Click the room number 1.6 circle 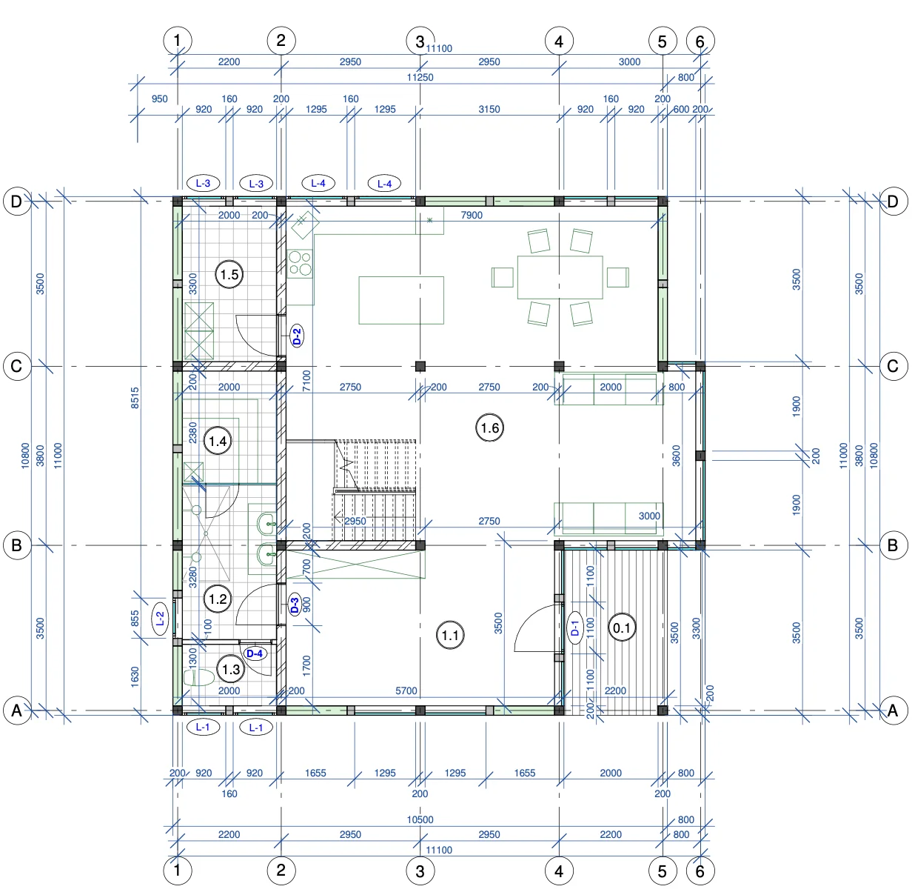[490, 427]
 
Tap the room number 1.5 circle [229, 274]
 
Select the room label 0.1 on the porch [622, 628]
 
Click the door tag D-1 [574, 628]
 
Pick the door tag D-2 [297, 336]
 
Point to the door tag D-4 [255, 653]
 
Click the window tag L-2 [160, 619]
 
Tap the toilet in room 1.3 [198, 677]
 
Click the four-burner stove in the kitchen [300, 263]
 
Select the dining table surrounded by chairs [560, 277]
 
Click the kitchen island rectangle [401, 300]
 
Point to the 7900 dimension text [472, 216]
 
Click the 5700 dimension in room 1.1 [406, 690]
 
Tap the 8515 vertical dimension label [135, 398]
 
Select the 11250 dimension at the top [420, 77]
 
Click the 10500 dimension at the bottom [420, 820]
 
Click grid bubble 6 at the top [700, 41]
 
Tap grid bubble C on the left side [17, 366]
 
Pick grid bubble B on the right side [893, 545]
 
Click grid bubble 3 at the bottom [420, 871]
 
